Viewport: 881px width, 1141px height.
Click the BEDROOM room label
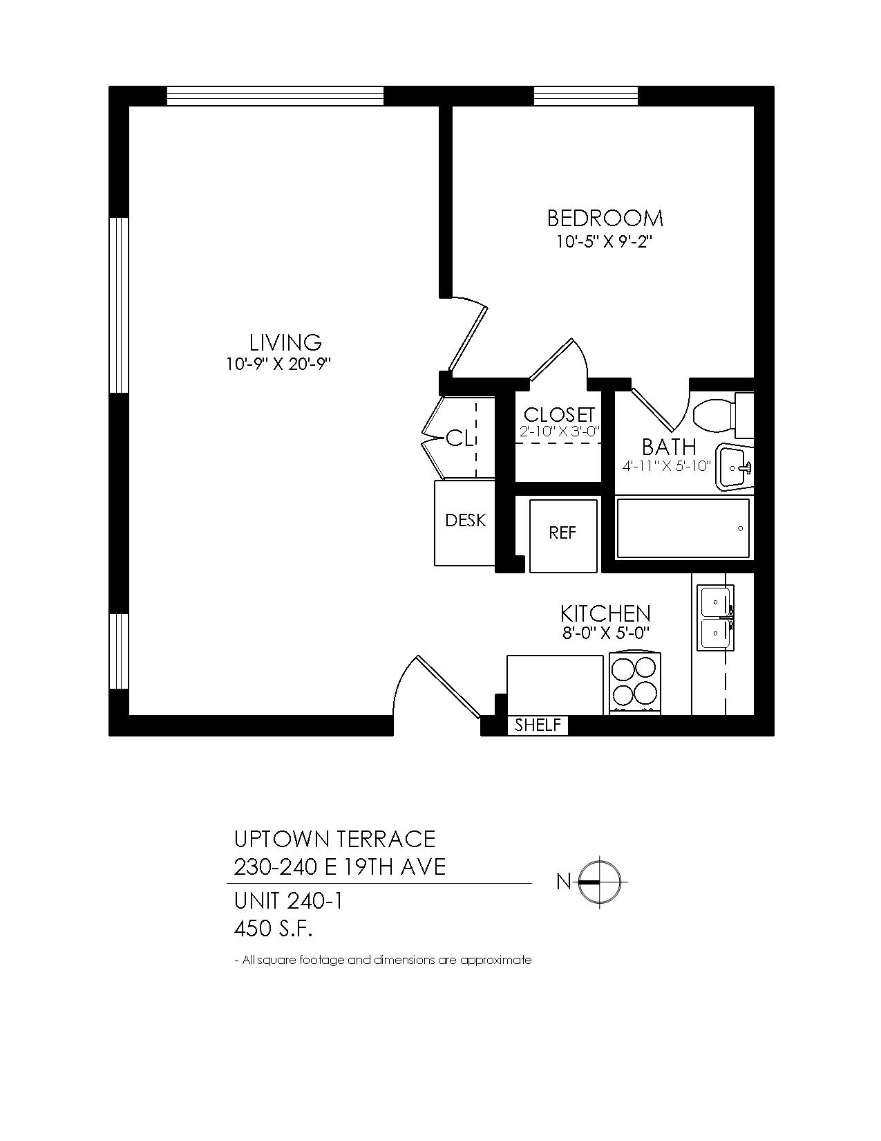[x=605, y=219]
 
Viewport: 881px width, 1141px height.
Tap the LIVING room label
[x=285, y=342]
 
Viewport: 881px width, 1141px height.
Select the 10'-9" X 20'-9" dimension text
[x=278, y=364]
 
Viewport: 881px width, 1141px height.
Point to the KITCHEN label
[x=605, y=613]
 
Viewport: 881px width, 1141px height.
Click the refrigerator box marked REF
[x=563, y=536]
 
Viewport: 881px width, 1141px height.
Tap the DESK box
[x=465, y=523]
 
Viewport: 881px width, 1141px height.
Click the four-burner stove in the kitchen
[x=635, y=684]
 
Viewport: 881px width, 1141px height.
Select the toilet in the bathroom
[x=723, y=416]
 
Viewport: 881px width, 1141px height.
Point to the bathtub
[x=683, y=528]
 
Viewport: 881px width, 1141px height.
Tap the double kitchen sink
[x=715, y=618]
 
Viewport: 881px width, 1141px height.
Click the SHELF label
[x=538, y=725]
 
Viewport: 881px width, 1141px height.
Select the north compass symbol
[x=599, y=882]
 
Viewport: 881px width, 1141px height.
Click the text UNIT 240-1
[x=288, y=902]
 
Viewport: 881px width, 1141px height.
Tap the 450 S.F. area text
[x=274, y=930]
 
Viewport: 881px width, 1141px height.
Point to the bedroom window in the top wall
[x=585, y=96]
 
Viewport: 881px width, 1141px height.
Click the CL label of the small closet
[x=460, y=438]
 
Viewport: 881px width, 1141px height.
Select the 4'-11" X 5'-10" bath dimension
[x=666, y=466]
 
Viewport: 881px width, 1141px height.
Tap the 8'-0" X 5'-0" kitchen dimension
[x=606, y=633]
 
